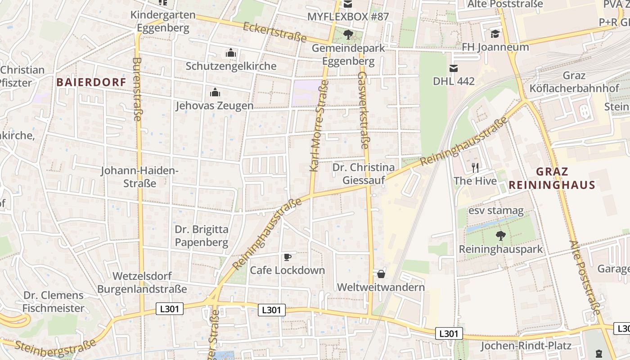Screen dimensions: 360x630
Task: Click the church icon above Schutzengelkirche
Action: (231, 53)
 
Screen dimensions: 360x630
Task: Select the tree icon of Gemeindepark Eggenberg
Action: (348, 34)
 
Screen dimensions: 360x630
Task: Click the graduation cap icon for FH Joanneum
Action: (495, 34)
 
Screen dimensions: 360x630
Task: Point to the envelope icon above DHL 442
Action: (453, 68)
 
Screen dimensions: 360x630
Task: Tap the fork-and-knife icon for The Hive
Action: (475, 168)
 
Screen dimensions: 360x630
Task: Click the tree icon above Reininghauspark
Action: (500, 235)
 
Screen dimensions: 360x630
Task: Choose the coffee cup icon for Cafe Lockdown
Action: (287, 257)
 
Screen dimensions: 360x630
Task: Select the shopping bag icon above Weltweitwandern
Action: (381, 274)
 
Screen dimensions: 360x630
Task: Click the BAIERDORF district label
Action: (91, 82)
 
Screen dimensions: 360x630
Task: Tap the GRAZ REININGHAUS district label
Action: (552, 178)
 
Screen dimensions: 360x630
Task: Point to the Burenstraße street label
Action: (138, 89)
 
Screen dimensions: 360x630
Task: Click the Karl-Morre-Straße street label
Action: (319, 126)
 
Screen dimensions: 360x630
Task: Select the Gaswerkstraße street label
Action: (363, 110)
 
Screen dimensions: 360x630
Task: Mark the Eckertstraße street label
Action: (274, 32)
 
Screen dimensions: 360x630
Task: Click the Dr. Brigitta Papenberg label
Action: (202, 236)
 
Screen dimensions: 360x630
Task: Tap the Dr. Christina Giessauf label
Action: (364, 174)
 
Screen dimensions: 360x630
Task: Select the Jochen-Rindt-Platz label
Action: (526, 346)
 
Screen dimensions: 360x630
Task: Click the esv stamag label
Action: (496, 210)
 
